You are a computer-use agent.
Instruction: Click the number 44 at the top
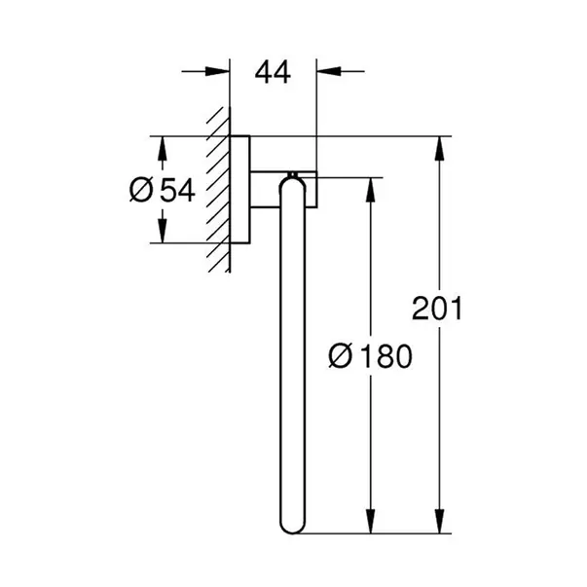click(x=273, y=74)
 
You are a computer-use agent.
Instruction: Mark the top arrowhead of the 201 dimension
click(x=441, y=148)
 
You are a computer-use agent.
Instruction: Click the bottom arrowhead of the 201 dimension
click(x=441, y=526)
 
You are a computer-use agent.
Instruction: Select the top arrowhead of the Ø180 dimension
click(x=369, y=188)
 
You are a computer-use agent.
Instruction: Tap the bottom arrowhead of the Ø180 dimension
click(x=369, y=526)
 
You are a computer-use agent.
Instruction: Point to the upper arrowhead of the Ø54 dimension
click(x=163, y=147)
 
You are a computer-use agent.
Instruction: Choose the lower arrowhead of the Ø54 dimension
click(x=163, y=232)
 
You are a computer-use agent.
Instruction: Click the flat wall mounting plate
click(x=238, y=190)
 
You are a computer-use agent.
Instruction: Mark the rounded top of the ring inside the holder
click(x=292, y=178)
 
